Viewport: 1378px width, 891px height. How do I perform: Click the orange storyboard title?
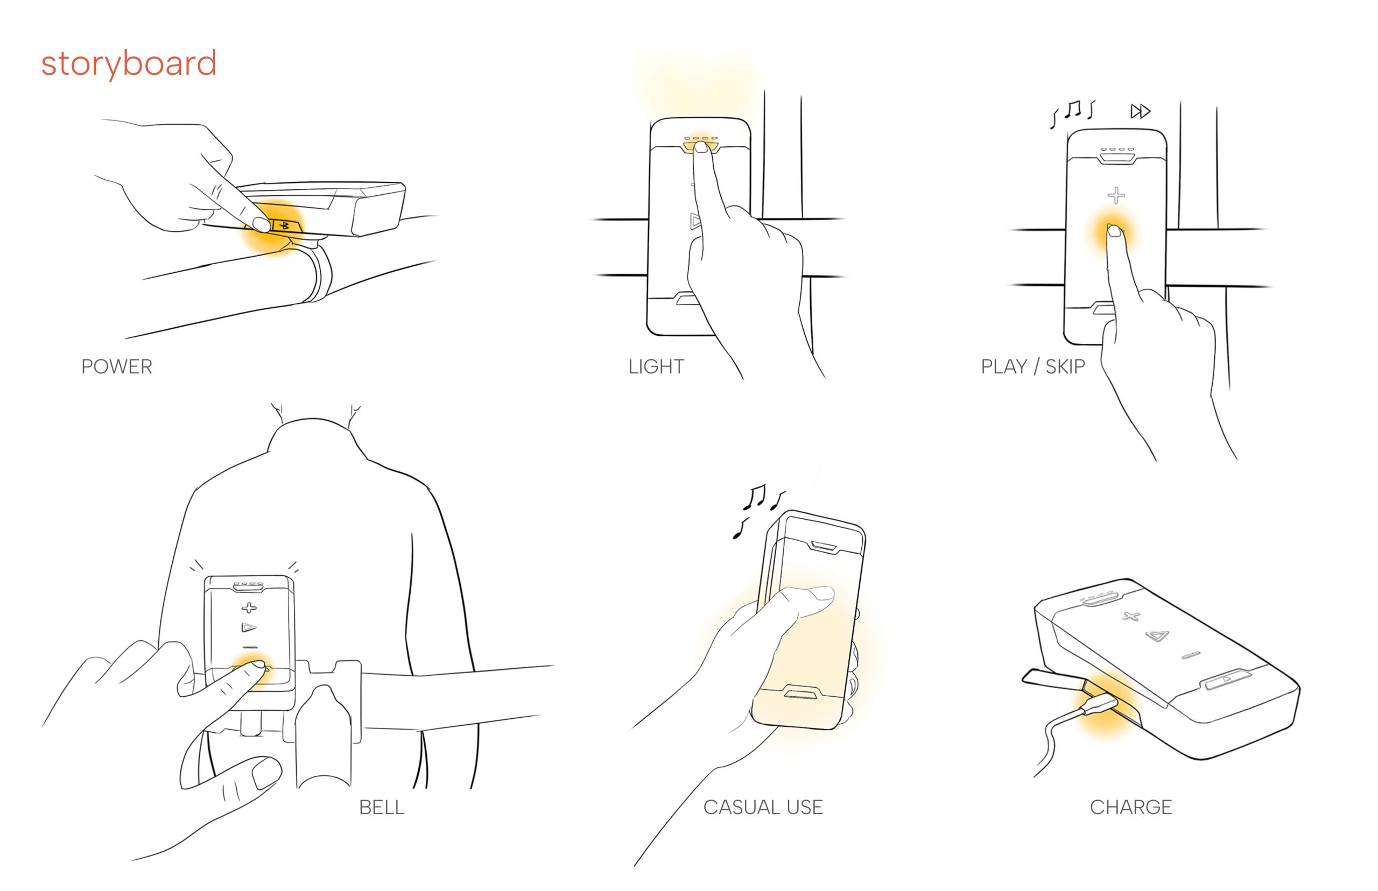click(129, 63)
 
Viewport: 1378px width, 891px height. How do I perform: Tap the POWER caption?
click(116, 366)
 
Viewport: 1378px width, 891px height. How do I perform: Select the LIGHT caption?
click(656, 366)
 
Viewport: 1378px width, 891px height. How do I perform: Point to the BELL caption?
click(382, 807)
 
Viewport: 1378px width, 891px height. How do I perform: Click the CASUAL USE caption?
click(763, 807)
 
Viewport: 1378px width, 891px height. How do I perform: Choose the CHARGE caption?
click(1130, 807)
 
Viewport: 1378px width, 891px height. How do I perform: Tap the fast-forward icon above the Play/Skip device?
click(1140, 111)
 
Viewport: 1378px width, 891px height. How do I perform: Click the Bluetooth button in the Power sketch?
click(284, 225)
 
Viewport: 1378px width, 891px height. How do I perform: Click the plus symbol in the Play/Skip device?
click(1116, 195)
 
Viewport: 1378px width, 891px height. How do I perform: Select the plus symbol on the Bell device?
click(249, 607)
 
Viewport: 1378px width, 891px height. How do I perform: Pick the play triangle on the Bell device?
click(248, 627)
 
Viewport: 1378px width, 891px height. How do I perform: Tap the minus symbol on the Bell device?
click(250, 646)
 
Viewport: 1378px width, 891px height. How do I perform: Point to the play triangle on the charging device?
click(1156, 636)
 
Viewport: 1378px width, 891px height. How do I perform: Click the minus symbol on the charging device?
click(1191, 655)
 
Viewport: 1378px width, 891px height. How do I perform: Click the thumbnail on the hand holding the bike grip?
click(266, 773)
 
